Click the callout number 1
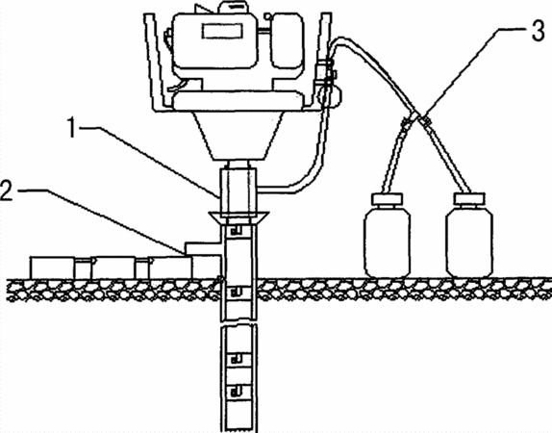(72, 128)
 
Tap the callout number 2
(7, 191)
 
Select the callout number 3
(538, 32)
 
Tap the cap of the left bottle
(387, 199)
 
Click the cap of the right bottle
(469, 199)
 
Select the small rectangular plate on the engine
(222, 31)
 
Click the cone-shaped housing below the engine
(239, 136)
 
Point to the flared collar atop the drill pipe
(238, 217)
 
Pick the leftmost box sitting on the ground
(52, 267)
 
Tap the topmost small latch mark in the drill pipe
(237, 231)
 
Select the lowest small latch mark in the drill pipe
(237, 391)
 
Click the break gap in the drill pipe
(238, 323)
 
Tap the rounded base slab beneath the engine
(238, 99)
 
